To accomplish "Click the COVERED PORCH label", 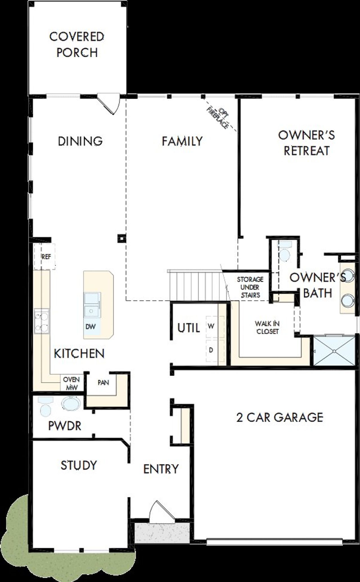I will point(77,44).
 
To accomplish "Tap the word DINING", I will point(80,141).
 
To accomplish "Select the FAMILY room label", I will point(182,141).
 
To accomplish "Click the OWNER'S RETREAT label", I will point(307,143).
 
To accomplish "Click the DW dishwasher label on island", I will point(91,327).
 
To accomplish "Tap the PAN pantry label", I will point(103,383).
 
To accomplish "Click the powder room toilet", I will point(46,406).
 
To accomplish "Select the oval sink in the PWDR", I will point(71,403).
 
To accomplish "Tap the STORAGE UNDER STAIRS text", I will point(250,287).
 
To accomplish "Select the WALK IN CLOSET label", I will point(267,327).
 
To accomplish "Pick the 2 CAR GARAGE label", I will point(279,417).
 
